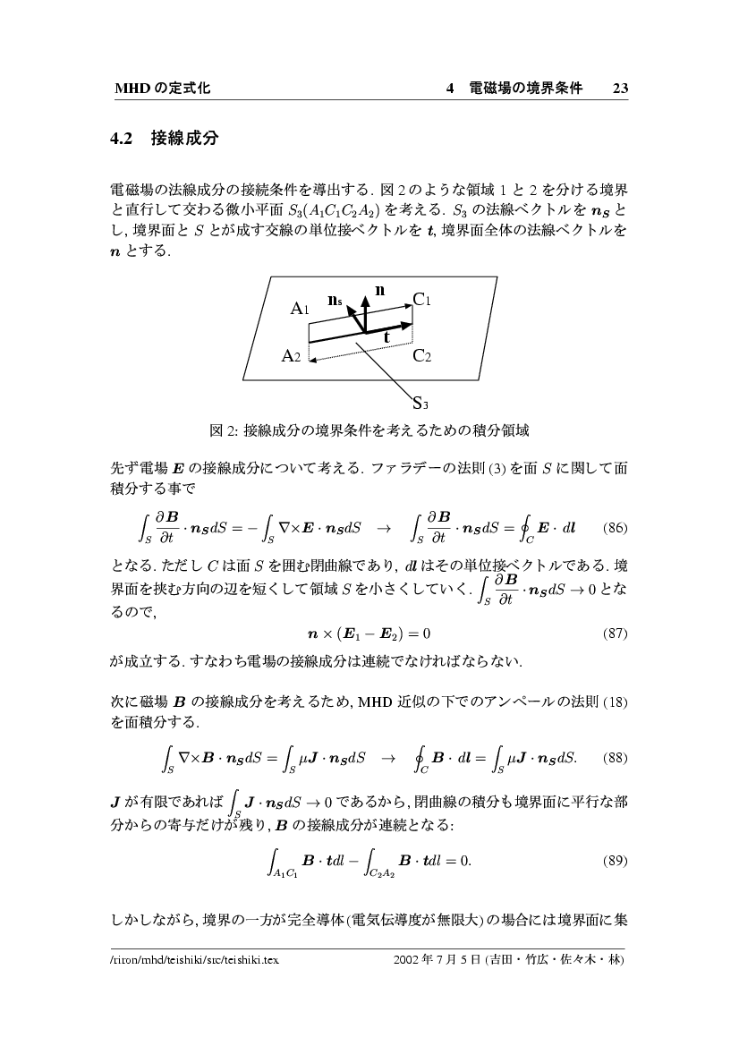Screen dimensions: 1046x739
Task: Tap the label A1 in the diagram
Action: (x=301, y=309)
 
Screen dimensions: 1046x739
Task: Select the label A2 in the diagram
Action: (x=292, y=356)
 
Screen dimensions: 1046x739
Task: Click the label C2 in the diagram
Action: (x=422, y=356)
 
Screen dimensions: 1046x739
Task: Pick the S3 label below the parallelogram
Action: (x=423, y=402)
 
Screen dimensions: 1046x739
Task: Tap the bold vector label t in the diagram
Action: (x=386, y=338)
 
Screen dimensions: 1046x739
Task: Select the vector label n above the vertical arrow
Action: (x=380, y=289)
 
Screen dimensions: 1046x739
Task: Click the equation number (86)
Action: (x=616, y=527)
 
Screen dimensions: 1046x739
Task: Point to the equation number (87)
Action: (x=616, y=634)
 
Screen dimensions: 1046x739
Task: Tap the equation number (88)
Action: (x=616, y=757)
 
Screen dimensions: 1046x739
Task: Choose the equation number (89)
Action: (x=616, y=861)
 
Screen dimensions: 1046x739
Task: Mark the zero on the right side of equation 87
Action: (x=427, y=634)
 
